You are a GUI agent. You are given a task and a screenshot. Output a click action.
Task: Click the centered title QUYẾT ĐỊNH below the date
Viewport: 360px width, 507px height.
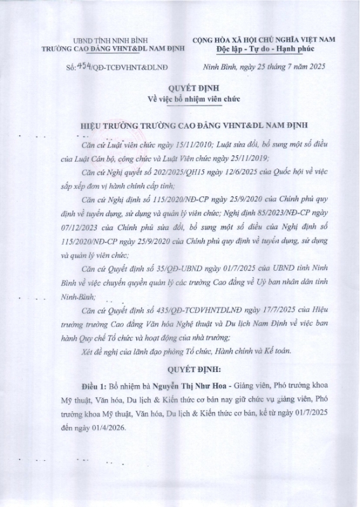pos(179,89)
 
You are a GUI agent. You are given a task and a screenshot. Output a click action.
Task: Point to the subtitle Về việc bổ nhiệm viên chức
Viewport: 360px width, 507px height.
pos(179,99)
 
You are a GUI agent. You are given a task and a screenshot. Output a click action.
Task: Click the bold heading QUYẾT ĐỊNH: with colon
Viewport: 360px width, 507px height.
pos(180,368)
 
